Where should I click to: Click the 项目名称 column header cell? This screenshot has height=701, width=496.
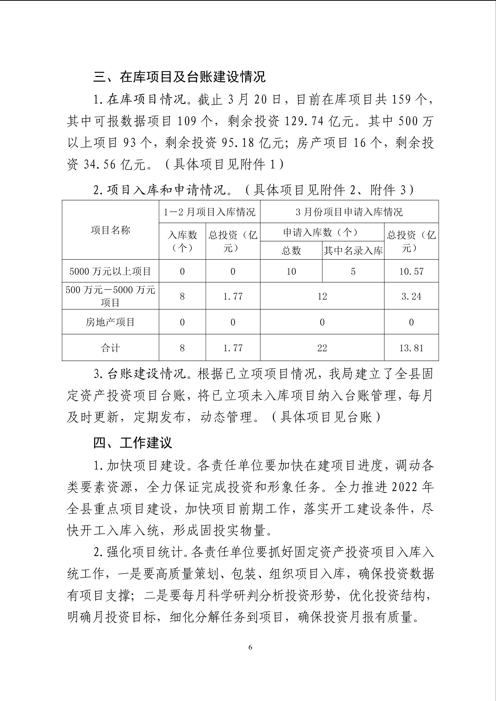coord(110,230)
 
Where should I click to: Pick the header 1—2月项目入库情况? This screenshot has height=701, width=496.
coord(209,212)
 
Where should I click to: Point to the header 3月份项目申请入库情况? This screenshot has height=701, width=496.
coord(349,212)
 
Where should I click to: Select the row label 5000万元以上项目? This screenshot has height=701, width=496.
coord(110,271)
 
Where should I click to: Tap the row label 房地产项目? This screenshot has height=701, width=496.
coord(110,322)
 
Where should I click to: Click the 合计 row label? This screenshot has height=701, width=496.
coord(110,348)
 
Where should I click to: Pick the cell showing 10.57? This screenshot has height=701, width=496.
coord(411,271)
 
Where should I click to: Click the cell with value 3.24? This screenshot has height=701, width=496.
coord(411,296)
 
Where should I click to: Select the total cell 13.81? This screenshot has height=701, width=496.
coord(411,348)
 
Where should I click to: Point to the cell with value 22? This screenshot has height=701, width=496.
coord(322,348)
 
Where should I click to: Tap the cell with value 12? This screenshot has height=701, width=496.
coord(322,296)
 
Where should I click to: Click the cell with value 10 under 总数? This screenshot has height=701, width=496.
coord(291,271)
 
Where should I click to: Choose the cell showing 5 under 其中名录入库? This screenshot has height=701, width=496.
coord(353,271)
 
